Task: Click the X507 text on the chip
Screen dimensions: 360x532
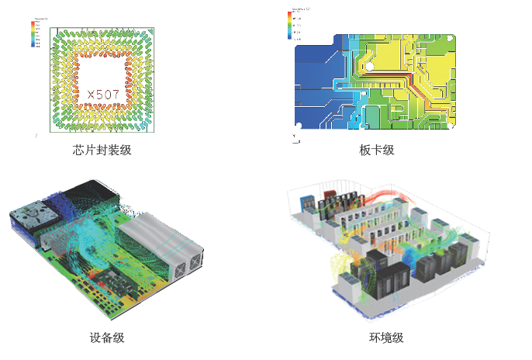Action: pos(103,95)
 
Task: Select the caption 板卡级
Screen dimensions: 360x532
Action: pos(377,150)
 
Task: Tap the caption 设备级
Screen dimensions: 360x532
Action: pos(107,337)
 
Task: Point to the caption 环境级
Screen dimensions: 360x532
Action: pos(385,337)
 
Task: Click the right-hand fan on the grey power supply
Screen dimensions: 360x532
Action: pos(191,268)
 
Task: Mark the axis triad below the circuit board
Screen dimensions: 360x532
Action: pos(294,139)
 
